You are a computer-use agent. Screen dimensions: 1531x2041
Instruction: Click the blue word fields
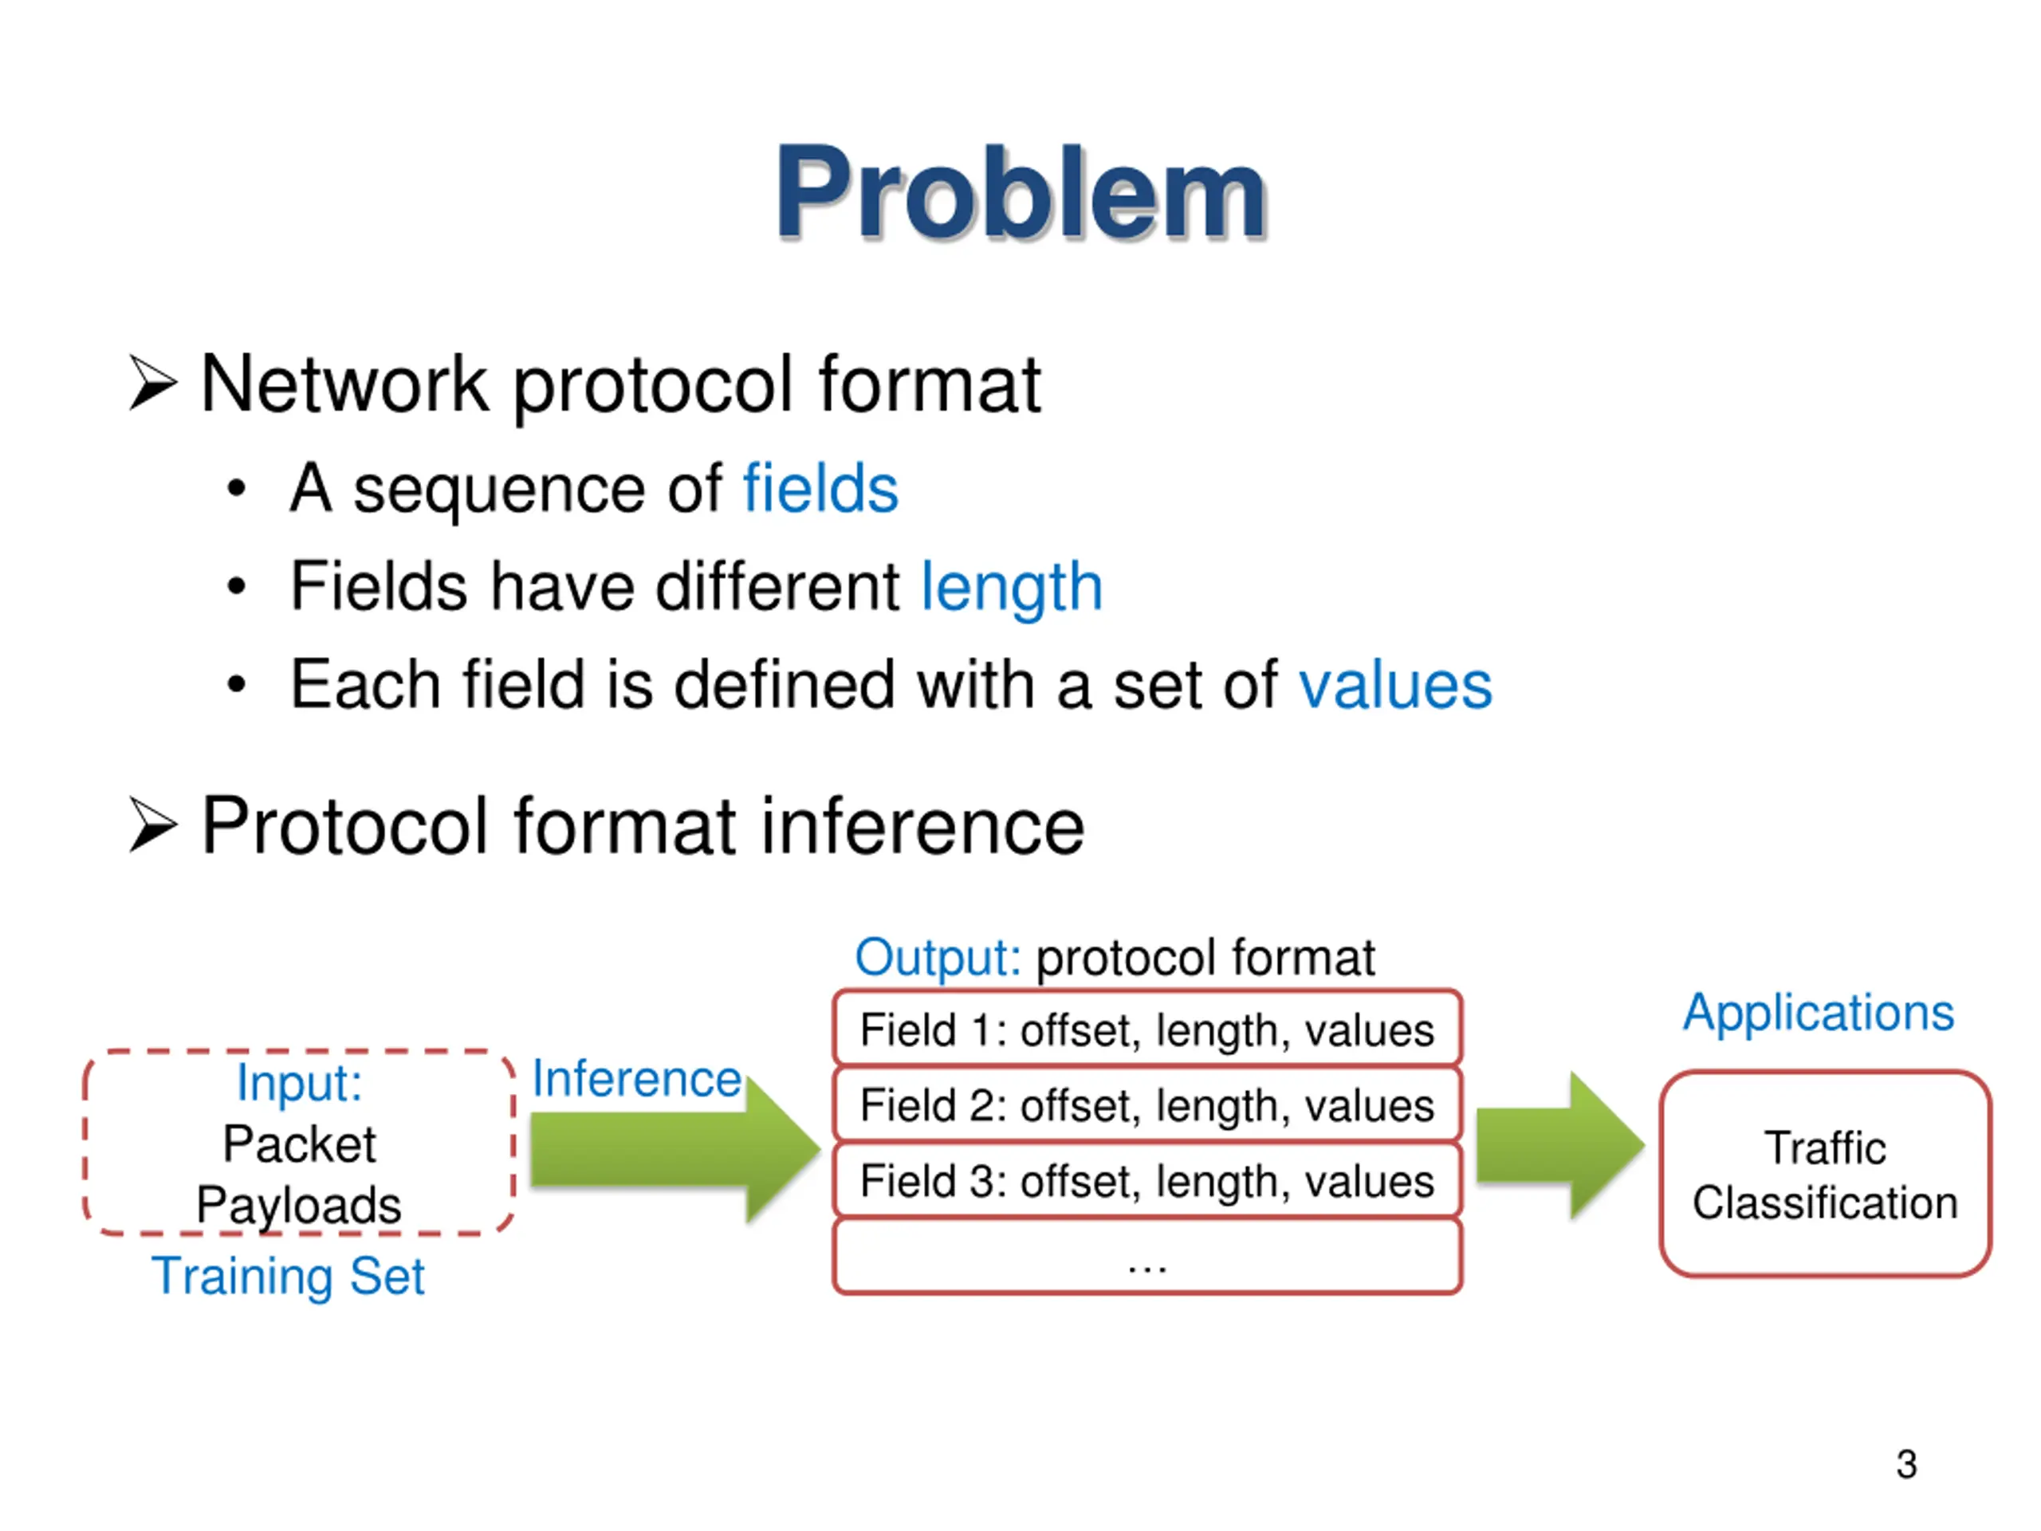tap(820, 488)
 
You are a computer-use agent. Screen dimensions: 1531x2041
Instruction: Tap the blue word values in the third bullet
tap(1394, 685)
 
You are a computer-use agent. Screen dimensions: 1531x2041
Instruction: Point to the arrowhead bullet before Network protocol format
tap(152, 383)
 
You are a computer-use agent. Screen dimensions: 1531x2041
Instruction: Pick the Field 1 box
tap(1147, 1029)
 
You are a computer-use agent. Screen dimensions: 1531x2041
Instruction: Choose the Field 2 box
tap(1147, 1104)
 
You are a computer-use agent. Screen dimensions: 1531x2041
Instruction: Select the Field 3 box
tap(1147, 1180)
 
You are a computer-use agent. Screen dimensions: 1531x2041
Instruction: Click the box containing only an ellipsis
tap(1147, 1256)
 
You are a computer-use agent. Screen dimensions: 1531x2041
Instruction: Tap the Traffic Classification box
tap(1824, 1174)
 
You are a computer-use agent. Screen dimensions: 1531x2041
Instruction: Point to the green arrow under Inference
tap(674, 1149)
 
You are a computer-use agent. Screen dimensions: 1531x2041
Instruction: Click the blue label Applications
tap(1818, 1013)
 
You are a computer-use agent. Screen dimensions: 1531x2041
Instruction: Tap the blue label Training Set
tap(288, 1277)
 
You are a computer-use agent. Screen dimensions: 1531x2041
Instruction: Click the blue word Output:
tap(938, 957)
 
